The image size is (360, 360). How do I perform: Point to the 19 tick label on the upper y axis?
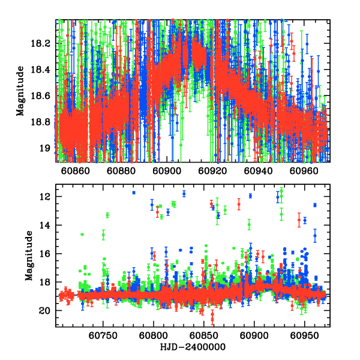[x=46, y=148]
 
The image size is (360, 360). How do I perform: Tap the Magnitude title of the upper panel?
[x=20, y=91]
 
